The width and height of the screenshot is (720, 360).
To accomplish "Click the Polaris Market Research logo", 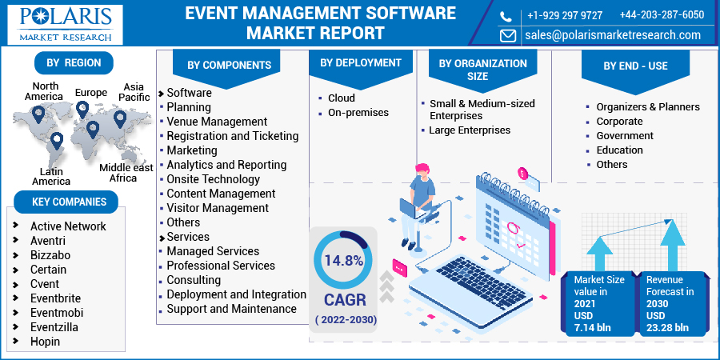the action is pyautogui.click(x=66, y=25).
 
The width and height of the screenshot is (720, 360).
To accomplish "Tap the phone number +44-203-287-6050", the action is pyautogui.click(x=662, y=14).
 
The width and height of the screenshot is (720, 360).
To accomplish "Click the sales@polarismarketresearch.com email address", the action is pyautogui.click(x=613, y=35).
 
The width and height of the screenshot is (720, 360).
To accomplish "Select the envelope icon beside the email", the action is pyautogui.click(x=507, y=35).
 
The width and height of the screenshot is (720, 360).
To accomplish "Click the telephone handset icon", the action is pyautogui.click(x=506, y=17).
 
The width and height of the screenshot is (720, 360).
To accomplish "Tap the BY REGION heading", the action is pyautogui.click(x=74, y=63).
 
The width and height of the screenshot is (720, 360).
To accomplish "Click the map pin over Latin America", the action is pyautogui.click(x=57, y=141).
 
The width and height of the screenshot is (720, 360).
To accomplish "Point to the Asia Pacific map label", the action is pyautogui.click(x=134, y=92).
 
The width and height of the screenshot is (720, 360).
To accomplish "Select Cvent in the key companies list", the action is pyautogui.click(x=45, y=284).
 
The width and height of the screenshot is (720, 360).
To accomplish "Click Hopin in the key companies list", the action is pyautogui.click(x=45, y=341).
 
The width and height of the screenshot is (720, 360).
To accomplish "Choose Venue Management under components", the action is pyautogui.click(x=217, y=122).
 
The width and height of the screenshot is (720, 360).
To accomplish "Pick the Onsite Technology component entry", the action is pyautogui.click(x=213, y=179).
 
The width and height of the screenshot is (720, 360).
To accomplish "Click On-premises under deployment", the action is pyautogui.click(x=358, y=113).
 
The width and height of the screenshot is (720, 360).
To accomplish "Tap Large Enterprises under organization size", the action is pyautogui.click(x=470, y=130).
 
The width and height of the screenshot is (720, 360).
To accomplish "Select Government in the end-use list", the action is pyautogui.click(x=625, y=136).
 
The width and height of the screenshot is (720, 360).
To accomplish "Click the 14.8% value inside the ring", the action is pyautogui.click(x=344, y=261).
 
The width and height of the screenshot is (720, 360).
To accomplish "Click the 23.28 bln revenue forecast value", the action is pyautogui.click(x=667, y=327).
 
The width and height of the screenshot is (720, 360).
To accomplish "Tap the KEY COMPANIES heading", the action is pyautogui.click(x=69, y=202).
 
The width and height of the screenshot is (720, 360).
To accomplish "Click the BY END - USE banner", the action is pyautogui.click(x=635, y=66).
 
